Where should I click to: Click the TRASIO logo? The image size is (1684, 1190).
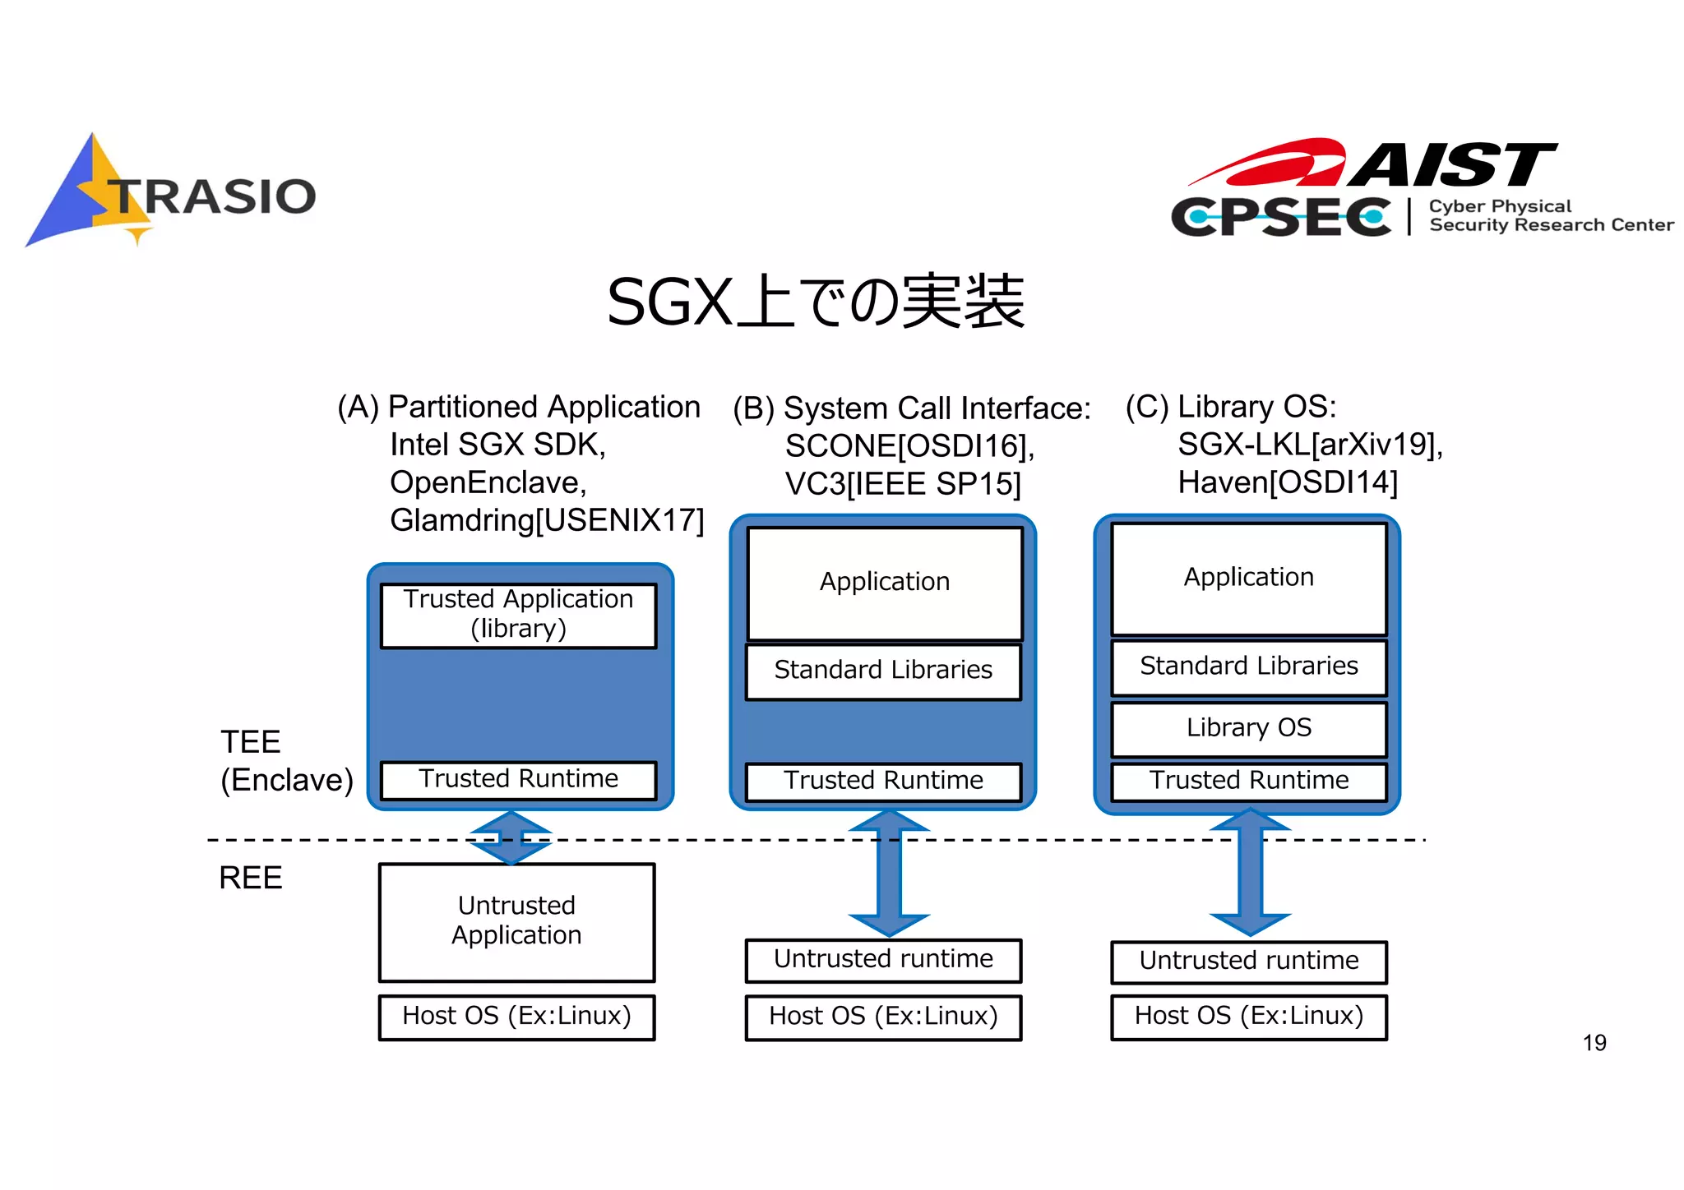click(173, 194)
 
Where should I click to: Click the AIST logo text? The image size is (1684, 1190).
click(1450, 165)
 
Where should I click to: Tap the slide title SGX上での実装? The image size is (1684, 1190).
click(815, 302)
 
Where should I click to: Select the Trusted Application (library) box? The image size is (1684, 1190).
click(518, 615)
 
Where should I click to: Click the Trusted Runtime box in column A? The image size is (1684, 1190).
click(518, 779)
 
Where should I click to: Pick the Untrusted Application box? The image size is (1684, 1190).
click(516, 921)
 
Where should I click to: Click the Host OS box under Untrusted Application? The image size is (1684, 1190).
click(516, 1017)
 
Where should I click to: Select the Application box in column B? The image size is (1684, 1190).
click(884, 583)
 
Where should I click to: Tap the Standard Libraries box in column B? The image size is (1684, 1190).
click(883, 671)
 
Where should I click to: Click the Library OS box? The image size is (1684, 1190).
click(1248, 728)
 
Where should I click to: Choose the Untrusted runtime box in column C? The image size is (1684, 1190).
click(1248, 962)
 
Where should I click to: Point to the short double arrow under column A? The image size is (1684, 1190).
click(511, 837)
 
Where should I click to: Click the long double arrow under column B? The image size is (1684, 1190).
click(889, 873)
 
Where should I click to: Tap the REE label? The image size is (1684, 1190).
click(250, 879)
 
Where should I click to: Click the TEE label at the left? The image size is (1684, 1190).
click(251, 742)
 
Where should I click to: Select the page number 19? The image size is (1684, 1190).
click(1594, 1043)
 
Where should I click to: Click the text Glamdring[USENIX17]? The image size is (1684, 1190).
click(547, 520)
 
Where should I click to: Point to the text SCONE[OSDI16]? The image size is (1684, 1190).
click(909, 446)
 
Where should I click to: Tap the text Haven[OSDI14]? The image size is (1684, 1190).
click(1287, 482)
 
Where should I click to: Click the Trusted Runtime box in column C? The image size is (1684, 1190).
click(1248, 781)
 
